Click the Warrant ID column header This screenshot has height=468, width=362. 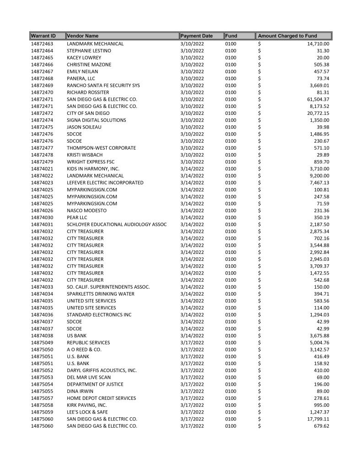[43, 36]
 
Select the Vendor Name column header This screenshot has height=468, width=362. [83, 36]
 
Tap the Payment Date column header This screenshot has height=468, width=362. [197, 36]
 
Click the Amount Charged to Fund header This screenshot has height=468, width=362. [287, 36]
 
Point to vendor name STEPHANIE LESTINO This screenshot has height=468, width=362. [89, 51]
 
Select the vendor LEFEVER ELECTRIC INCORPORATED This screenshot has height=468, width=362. [105, 183]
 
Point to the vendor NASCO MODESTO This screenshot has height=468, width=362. [86, 210]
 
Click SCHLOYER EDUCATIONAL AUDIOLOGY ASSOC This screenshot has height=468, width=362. [117, 224]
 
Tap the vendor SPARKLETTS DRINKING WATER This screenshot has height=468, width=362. [101, 294]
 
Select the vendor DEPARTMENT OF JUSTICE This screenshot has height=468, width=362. [95, 384]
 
